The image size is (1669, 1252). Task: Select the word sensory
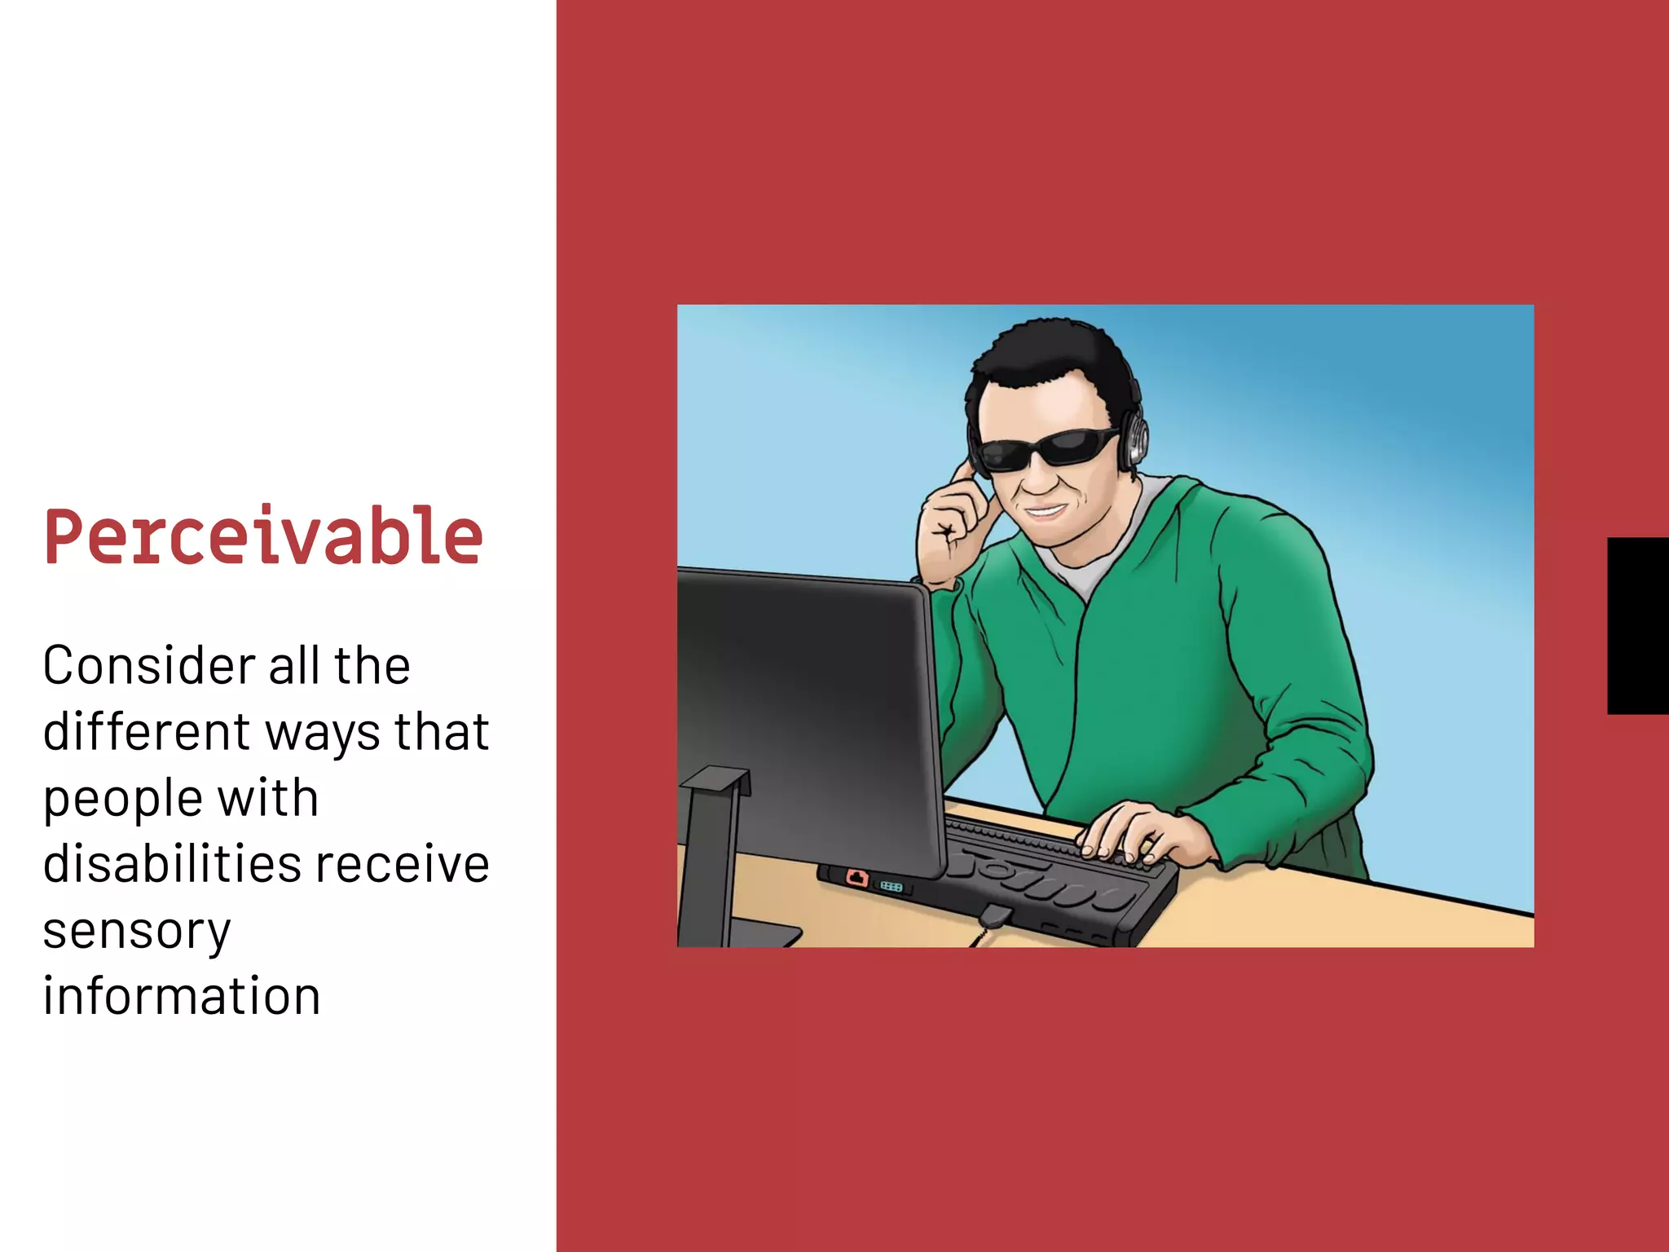point(137,932)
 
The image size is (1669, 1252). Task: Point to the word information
point(181,996)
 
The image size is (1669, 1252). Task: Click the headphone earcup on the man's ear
point(1134,441)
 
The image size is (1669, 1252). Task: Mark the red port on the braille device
point(857,878)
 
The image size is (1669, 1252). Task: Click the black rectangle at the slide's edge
point(1638,626)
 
